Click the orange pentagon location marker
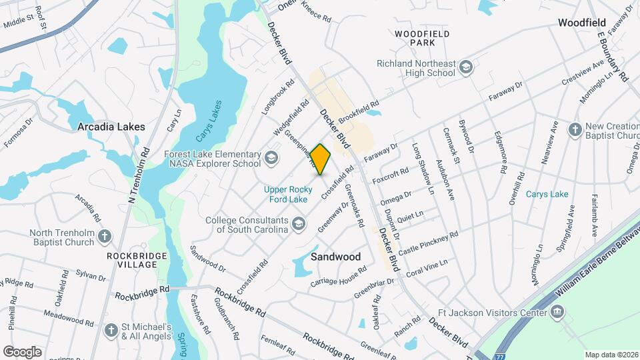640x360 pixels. coord(321,159)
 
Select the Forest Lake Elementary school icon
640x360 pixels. coord(271,158)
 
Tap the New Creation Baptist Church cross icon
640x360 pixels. coord(575,129)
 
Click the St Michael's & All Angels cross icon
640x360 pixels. coord(112,330)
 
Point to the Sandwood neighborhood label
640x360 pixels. coord(336,257)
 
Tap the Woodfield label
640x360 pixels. coord(581,23)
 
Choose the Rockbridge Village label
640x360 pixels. coord(131,259)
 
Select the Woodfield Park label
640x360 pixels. coord(421,38)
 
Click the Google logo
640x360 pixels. coord(22,351)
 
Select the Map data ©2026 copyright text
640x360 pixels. coord(611,355)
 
